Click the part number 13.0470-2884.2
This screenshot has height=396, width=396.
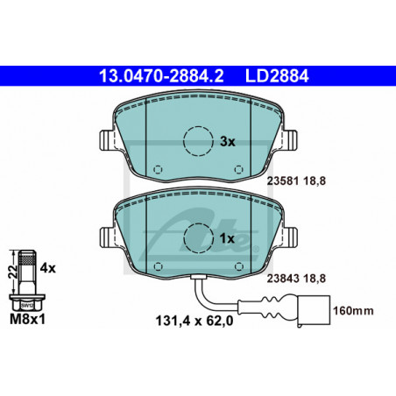tap(161, 76)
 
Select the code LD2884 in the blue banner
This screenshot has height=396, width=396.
tap(277, 76)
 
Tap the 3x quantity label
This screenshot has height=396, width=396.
tap(227, 142)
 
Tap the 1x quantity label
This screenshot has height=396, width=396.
tap(227, 239)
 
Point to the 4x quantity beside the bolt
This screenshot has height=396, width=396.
tap(47, 267)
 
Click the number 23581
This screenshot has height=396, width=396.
tap(283, 181)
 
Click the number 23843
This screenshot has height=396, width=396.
tap(283, 279)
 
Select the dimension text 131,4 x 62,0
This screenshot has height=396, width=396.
tap(194, 321)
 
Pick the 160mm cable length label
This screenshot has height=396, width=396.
tap(353, 311)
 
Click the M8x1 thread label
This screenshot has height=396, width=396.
tap(28, 319)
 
